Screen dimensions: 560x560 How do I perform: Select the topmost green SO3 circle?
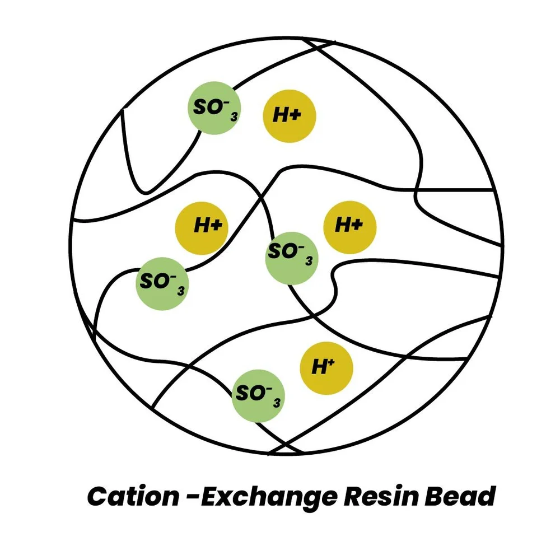tap(214, 108)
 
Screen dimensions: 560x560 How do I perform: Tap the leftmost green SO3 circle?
tap(162, 284)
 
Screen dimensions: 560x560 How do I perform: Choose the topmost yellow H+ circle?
tap(290, 116)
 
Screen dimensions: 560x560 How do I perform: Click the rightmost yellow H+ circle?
tap(350, 227)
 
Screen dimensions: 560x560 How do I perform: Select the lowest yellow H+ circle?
tap(326, 367)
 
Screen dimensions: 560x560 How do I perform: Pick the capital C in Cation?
tap(98, 496)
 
